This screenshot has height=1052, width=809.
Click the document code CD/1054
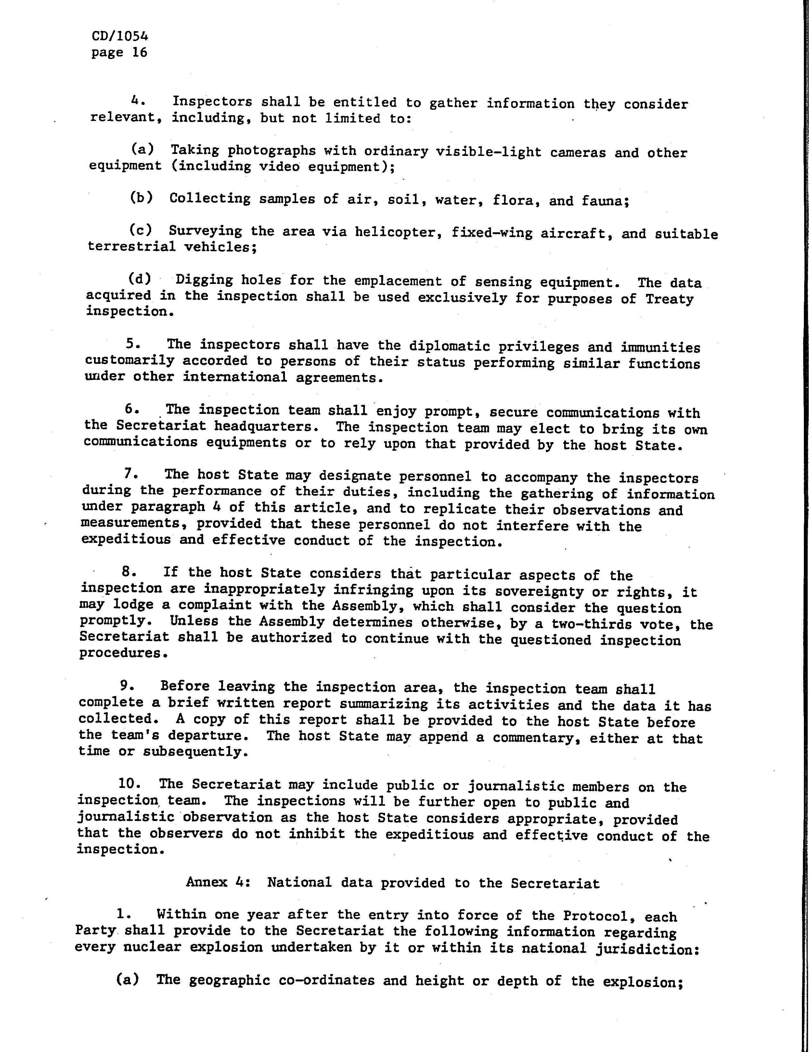[x=119, y=37]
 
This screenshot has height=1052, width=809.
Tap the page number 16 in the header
[x=139, y=53]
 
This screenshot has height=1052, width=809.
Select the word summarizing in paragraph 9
[x=384, y=705]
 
